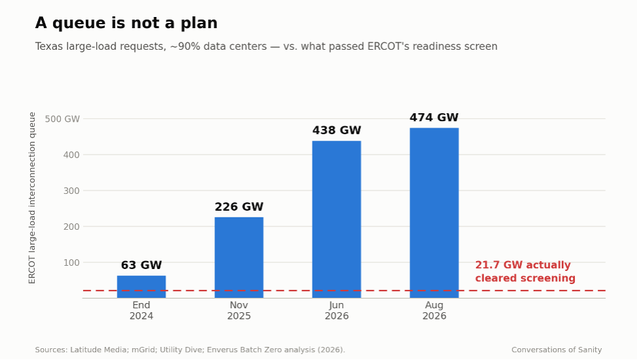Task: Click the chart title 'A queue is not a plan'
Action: click(x=126, y=24)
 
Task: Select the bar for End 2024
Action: click(x=141, y=287)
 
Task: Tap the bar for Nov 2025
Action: click(x=239, y=258)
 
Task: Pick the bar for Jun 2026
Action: click(x=337, y=219)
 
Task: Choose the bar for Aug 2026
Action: click(x=434, y=213)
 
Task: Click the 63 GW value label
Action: click(x=141, y=265)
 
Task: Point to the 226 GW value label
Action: click(x=239, y=207)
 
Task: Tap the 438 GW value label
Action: click(x=337, y=130)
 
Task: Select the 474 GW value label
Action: click(x=434, y=117)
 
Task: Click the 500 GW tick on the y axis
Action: click(x=62, y=119)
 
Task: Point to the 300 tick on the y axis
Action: click(x=71, y=191)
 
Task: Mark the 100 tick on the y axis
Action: click(x=71, y=262)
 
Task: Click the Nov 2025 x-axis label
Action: click(x=239, y=311)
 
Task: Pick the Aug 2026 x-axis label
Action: click(x=434, y=311)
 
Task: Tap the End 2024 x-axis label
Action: click(x=141, y=311)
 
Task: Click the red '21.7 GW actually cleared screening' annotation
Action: click(x=525, y=272)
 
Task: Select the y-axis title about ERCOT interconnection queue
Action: click(x=32, y=198)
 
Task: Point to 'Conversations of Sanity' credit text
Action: click(x=557, y=350)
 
